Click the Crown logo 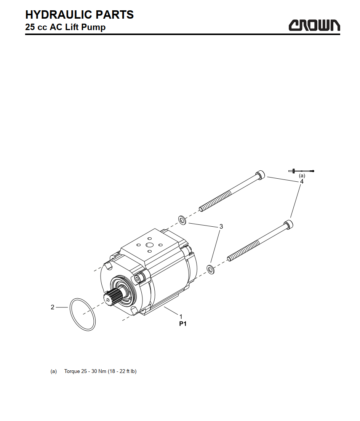pos(314,25)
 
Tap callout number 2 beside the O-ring pos(53,307)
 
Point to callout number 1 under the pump pos(181,317)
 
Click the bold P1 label pos(183,324)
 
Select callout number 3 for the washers pos(221,226)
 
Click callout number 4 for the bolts pos(302,181)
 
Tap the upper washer pos(182,220)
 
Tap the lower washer pos(211,269)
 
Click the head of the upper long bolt pos(260,175)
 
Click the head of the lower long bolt pos(288,224)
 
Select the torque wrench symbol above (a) pos(301,171)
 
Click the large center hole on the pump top pos(150,245)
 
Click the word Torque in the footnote pos(72,371)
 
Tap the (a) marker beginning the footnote pos(54,371)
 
